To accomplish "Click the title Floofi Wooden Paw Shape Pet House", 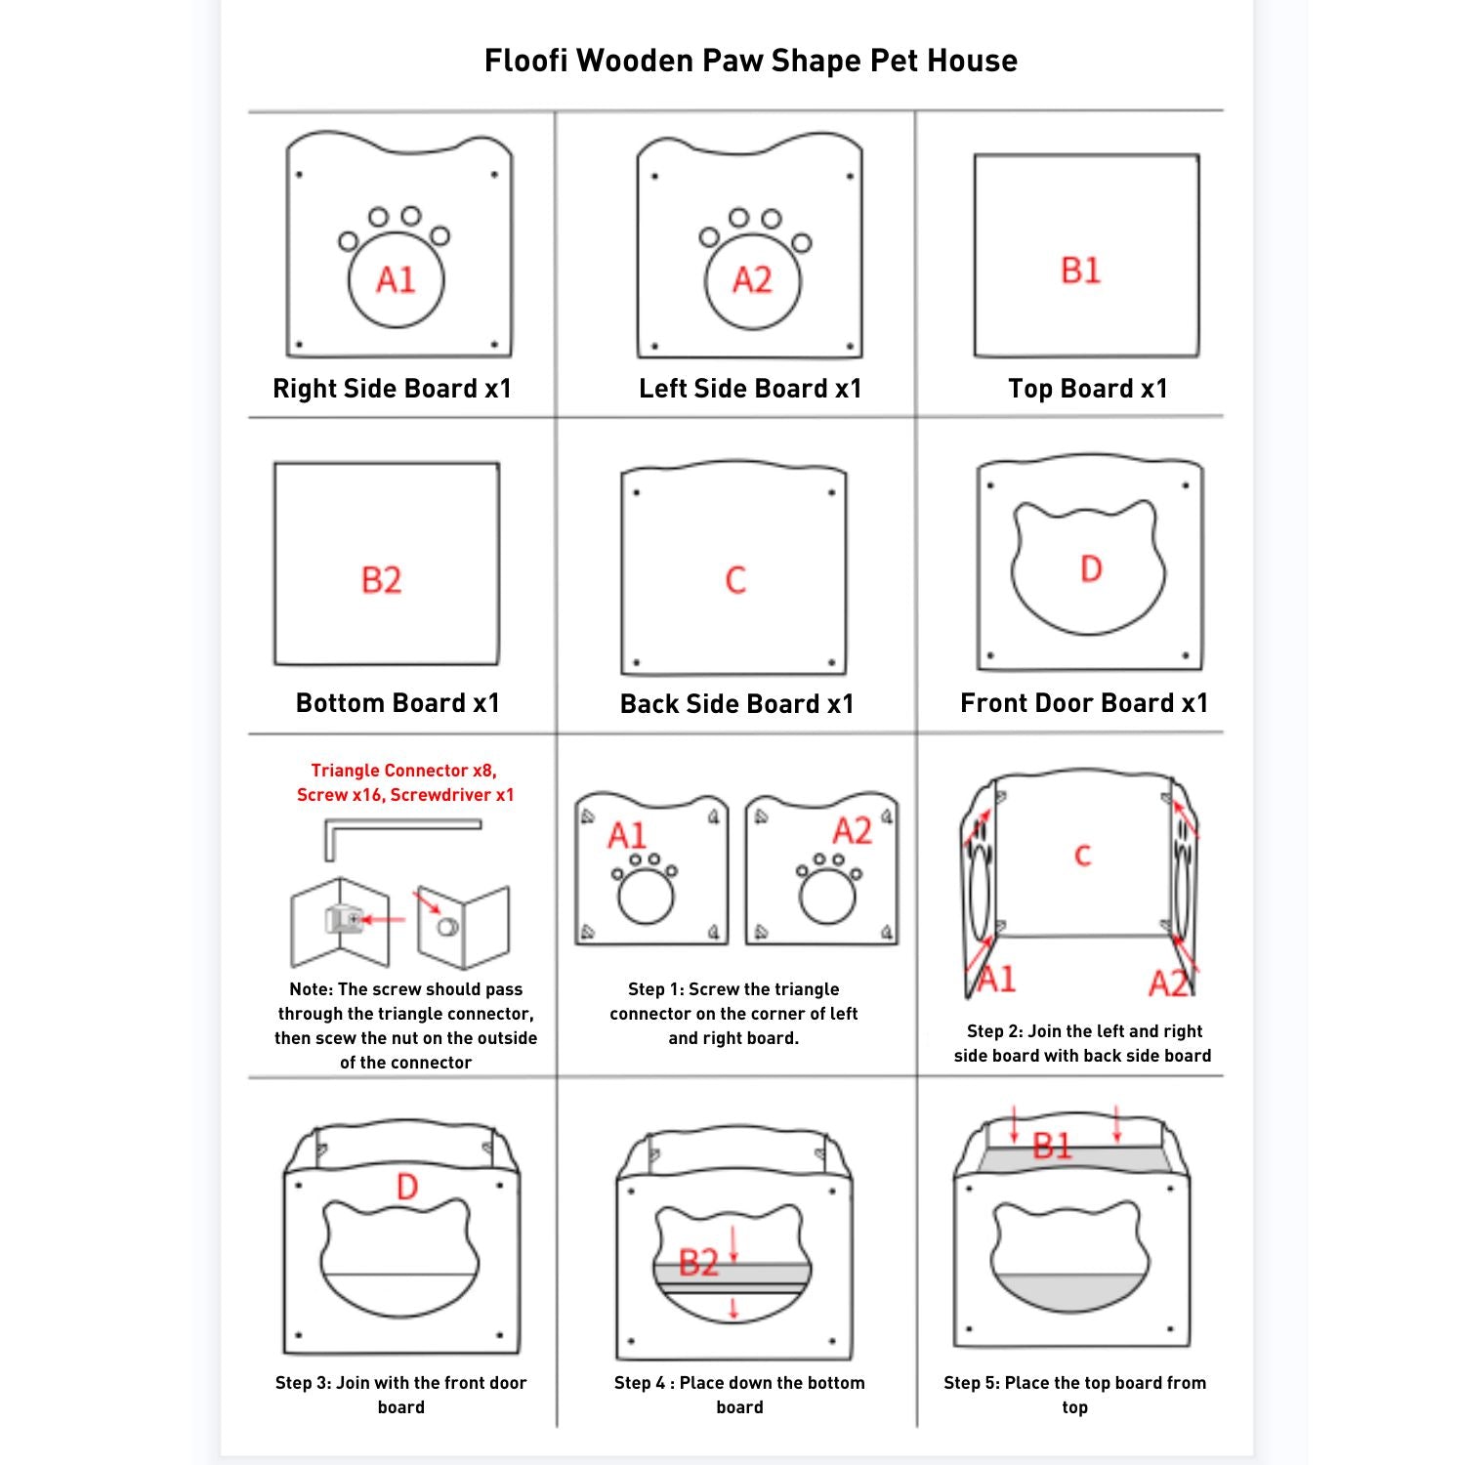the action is (751, 61).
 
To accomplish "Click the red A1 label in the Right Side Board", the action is (396, 280).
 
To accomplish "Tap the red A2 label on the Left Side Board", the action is (752, 280).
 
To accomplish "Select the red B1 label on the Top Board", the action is (1081, 271).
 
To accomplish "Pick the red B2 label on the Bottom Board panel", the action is (381, 580).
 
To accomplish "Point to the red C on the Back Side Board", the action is (735, 580).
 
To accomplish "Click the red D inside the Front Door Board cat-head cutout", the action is (1091, 568).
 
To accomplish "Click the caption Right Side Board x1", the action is (392, 389).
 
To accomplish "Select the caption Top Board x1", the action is (1088, 389).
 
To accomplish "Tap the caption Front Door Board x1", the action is (1084, 703).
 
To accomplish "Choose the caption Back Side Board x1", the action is (737, 704).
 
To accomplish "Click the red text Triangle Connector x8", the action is (403, 771).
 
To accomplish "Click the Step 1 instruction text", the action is (734, 1014).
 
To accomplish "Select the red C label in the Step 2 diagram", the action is (1082, 856).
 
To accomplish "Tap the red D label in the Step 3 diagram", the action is (407, 1187).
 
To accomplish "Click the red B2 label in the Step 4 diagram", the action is (698, 1263).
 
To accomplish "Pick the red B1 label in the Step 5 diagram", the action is (1053, 1146).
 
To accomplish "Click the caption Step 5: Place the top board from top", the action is (1075, 1395).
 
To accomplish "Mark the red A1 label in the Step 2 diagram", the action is (996, 979).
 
